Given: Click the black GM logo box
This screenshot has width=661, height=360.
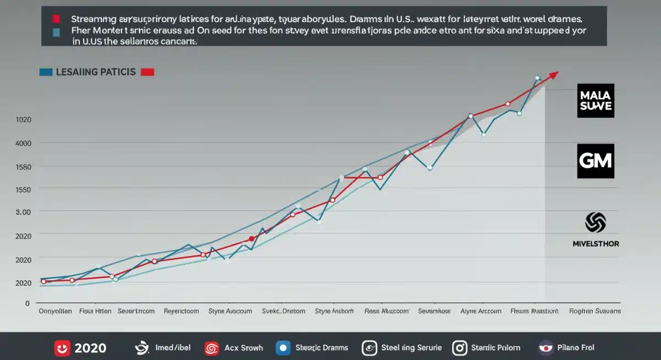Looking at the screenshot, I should [x=595, y=161].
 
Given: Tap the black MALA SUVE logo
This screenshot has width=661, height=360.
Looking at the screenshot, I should [x=595, y=101].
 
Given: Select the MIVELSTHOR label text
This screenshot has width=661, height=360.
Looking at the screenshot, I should [x=595, y=243].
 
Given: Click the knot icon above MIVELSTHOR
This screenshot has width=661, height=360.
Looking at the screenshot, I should [x=595, y=223].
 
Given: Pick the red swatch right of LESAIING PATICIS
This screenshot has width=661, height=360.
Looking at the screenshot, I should [x=148, y=72].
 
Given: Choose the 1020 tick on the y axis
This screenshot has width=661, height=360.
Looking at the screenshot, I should [x=24, y=120].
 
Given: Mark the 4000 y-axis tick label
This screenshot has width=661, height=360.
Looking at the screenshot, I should [x=24, y=143].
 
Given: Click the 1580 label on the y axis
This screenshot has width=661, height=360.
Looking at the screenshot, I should [x=24, y=167].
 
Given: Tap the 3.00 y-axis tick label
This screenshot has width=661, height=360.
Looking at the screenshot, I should [x=24, y=212].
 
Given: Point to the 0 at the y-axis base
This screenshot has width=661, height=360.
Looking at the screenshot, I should [x=26, y=303].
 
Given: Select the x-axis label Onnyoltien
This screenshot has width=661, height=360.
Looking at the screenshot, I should [x=56, y=311].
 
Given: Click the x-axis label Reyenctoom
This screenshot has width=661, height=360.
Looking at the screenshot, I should [x=181, y=311].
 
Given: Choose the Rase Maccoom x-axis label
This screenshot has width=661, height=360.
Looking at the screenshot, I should [x=387, y=311].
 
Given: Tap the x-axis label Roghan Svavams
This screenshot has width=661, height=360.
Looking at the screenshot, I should [x=594, y=311].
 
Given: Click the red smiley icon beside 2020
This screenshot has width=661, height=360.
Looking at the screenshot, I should [x=62, y=348].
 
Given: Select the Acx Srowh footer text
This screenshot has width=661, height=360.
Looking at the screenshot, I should [x=243, y=348].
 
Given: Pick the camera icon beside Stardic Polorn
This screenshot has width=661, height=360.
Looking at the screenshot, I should [x=459, y=348].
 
